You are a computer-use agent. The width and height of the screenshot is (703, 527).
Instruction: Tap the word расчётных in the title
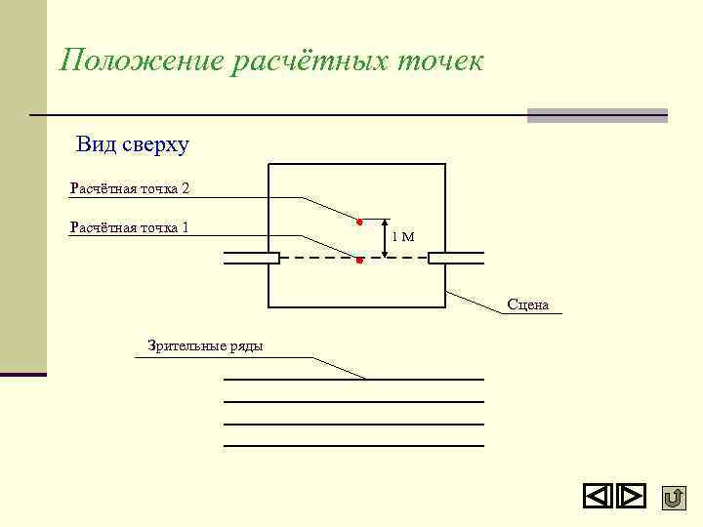coord(309,61)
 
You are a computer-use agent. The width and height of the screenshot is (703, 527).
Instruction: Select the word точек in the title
coord(439,61)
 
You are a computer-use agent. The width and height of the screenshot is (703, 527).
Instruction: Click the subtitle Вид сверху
coord(133,145)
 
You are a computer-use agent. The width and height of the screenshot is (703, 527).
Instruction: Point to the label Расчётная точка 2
coord(130,186)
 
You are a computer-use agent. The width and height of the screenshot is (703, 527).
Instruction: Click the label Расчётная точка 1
coord(130,227)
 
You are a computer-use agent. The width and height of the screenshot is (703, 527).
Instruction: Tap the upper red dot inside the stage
coord(359,222)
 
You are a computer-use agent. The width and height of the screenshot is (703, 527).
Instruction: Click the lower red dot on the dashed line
coord(359,261)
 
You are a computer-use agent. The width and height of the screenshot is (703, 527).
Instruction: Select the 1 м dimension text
coord(402,236)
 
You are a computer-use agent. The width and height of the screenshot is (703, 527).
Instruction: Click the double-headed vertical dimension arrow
coord(385,238)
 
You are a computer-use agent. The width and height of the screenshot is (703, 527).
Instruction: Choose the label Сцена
coord(527,304)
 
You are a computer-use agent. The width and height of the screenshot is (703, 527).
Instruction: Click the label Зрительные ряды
coord(205,345)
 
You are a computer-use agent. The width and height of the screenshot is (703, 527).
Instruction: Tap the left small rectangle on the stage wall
coord(252,258)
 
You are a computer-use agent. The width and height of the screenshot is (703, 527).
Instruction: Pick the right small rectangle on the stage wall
coord(456,258)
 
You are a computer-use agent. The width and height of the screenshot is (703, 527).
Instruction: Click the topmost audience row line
coord(353,379)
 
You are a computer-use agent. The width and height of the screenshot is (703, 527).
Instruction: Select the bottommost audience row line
coord(353,446)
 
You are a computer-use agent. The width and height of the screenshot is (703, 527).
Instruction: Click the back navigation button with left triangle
coord(598,497)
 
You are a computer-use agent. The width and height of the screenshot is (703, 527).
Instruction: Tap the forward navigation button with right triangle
coord(632,497)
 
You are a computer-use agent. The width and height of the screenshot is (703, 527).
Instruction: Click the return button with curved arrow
coord(673,498)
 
